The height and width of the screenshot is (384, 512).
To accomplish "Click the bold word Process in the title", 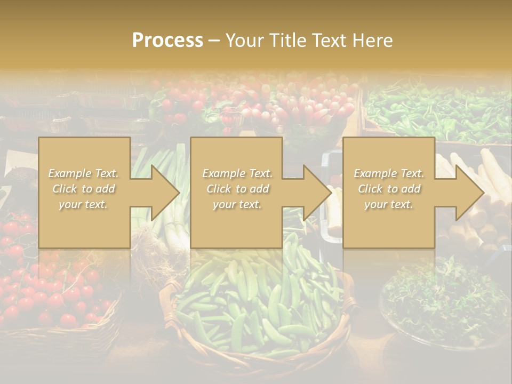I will pyautogui.click(x=167, y=41).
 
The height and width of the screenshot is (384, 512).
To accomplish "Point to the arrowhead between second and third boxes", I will pyautogui.click(x=317, y=193).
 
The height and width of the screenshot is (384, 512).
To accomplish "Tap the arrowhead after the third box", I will pyautogui.click(x=469, y=193).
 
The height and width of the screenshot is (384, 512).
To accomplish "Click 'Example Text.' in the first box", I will pyautogui.click(x=84, y=173).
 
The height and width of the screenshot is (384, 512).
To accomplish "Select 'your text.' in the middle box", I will pyautogui.click(x=236, y=204).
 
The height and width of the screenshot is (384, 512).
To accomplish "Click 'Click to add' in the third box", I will pyautogui.click(x=389, y=189).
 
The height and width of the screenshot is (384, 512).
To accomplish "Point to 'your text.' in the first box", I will pyautogui.click(x=84, y=204).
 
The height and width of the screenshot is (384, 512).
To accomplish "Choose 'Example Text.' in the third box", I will pyautogui.click(x=389, y=173).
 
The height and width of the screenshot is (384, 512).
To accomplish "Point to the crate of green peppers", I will pyautogui.click(x=437, y=112).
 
